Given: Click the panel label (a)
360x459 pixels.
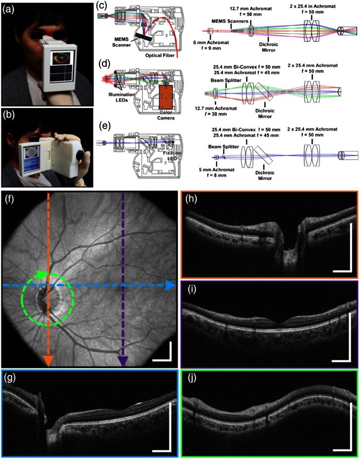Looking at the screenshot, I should pyautogui.click(x=10, y=9).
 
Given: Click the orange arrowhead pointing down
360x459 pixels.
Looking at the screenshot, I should pyautogui.click(x=48, y=360).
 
